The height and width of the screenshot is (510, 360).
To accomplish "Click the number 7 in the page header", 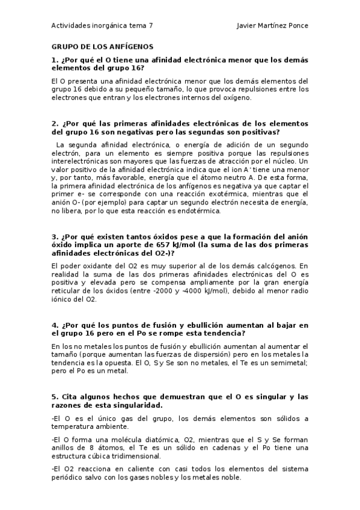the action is coord(151,26).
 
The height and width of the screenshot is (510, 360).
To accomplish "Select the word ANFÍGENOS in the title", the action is coord(129,46).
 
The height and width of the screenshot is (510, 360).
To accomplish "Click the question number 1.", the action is coord(54,60).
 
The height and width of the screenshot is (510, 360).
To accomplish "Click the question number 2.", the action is coord(54,124).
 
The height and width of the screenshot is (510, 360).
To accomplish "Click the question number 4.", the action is coord(54,325).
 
